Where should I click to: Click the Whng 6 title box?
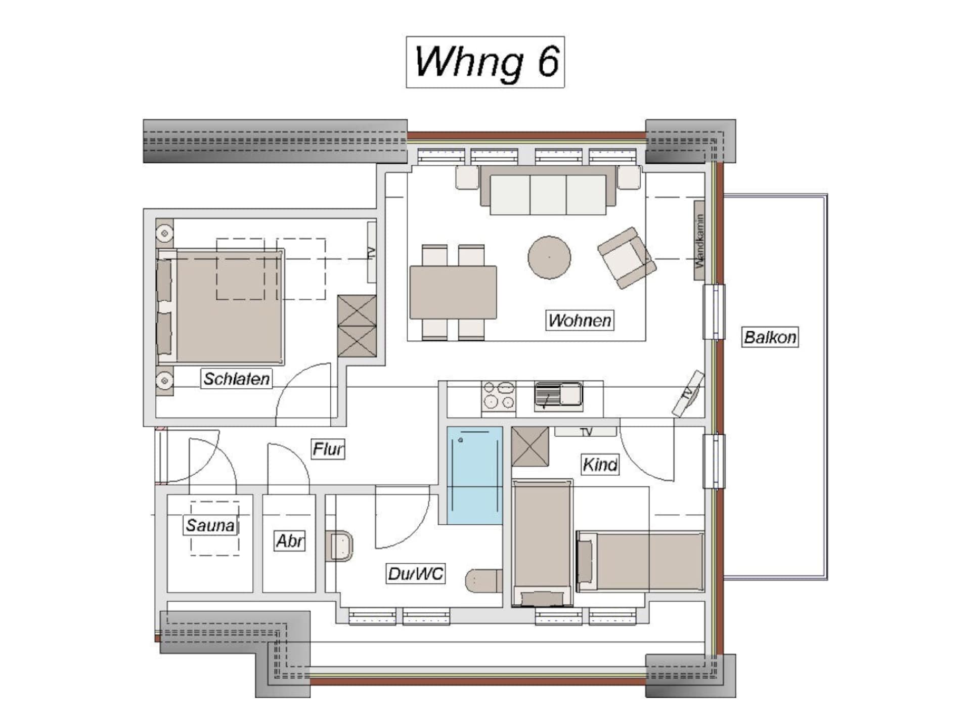coord(485,62)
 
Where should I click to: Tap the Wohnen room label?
coord(580,320)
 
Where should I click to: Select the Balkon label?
coord(770,337)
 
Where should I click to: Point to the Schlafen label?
coord(237,379)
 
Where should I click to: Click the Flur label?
coord(328,449)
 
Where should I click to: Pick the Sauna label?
coord(210,525)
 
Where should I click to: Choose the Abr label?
coord(290,541)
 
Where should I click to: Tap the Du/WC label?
coord(415,574)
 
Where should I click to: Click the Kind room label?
coord(600,465)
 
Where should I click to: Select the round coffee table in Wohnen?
coord(549,257)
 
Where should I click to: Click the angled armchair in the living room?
coord(627,257)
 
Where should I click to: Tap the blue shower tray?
coord(474,475)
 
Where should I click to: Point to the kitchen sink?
coord(558,394)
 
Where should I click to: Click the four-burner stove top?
coord(499,395)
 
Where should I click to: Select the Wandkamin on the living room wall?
coord(699,240)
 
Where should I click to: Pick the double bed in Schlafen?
coord(220,306)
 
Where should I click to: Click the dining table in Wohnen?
coord(453,292)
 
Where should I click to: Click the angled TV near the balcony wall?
coord(688,394)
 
